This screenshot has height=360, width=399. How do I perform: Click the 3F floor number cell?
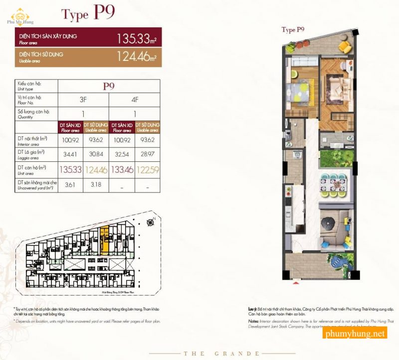83,99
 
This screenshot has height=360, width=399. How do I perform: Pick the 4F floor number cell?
135,99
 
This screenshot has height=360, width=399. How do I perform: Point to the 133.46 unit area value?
122,170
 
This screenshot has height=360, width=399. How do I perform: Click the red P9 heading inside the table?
109,85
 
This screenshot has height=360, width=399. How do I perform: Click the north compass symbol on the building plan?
150,223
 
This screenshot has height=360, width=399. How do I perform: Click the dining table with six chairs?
332,184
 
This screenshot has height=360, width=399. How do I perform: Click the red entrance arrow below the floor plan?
296,283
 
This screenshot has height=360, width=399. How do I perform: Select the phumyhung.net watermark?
355,334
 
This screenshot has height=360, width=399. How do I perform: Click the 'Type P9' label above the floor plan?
293,30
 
